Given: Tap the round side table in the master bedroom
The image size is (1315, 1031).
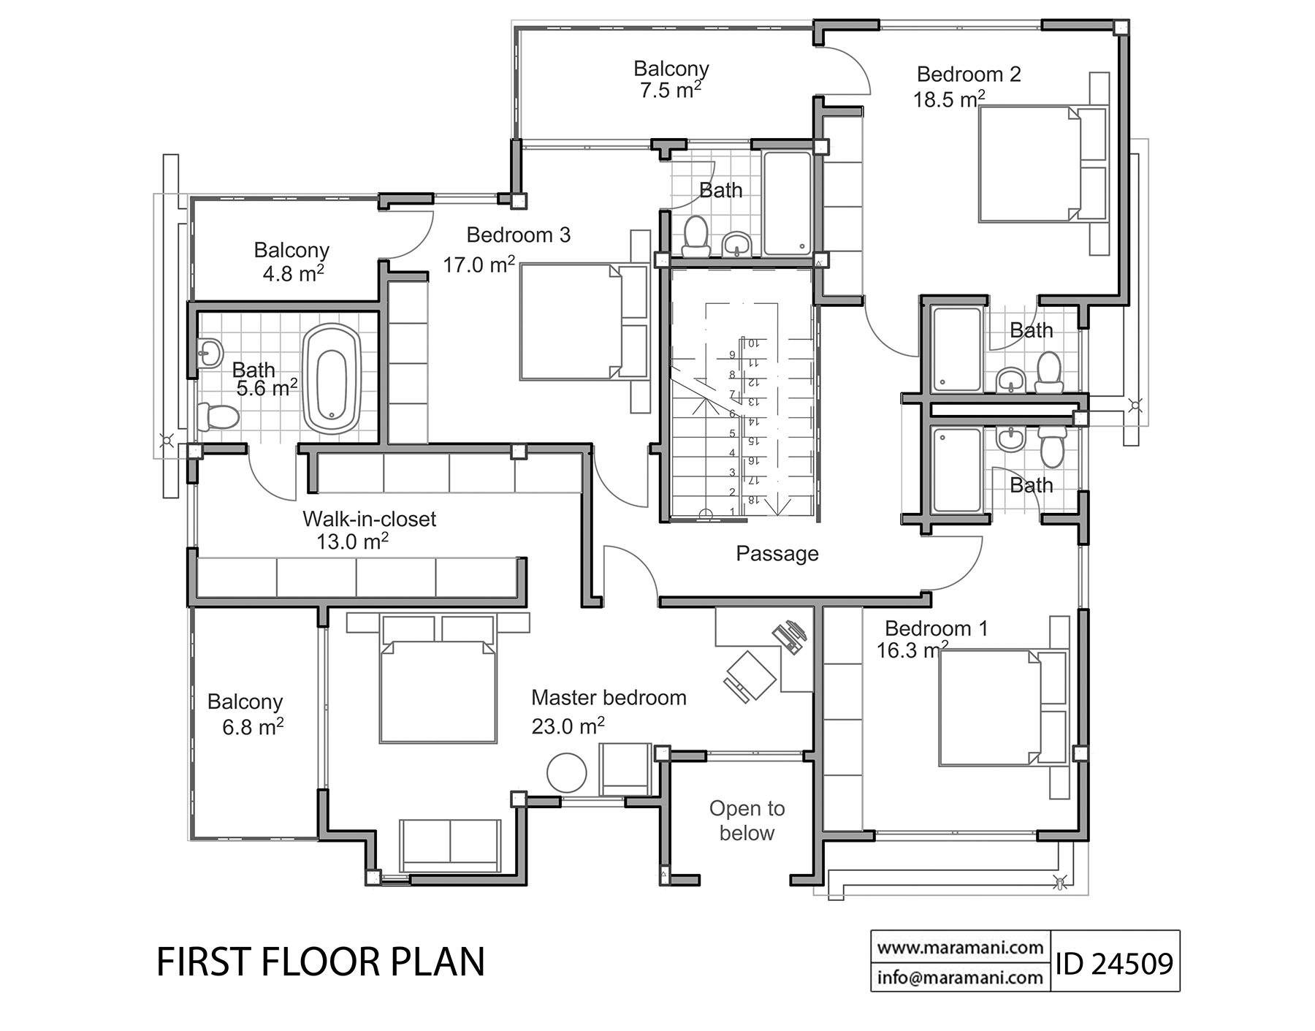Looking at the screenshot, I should [x=566, y=772].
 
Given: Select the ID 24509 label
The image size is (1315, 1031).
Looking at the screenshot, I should [x=1114, y=963].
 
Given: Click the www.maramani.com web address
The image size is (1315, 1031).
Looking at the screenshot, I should [x=960, y=948].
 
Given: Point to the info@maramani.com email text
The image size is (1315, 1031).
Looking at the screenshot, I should [x=960, y=977].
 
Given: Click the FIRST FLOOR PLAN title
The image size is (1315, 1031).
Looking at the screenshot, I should [x=321, y=962].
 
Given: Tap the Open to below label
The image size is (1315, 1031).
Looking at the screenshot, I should [x=746, y=821].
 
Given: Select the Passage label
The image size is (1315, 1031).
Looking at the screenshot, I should [x=777, y=554].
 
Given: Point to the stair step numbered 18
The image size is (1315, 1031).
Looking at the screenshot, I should [x=751, y=501].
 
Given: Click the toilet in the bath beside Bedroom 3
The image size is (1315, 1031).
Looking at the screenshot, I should [x=695, y=237].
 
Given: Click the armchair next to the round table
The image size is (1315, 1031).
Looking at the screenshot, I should [x=625, y=769].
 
